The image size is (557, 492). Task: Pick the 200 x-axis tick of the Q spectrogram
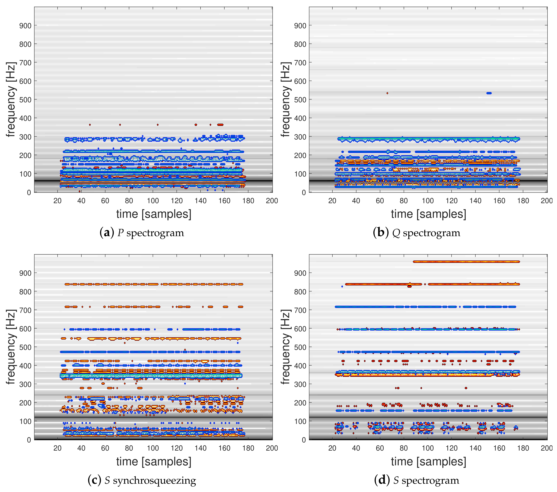(546, 201)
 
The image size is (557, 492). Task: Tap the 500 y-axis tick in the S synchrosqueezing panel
(25, 347)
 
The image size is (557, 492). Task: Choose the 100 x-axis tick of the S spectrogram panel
(428, 448)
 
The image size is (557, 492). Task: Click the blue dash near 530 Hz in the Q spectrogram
(489, 93)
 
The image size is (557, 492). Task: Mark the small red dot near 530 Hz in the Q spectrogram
(387, 93)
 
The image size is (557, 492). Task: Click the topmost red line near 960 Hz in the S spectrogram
(466, 262)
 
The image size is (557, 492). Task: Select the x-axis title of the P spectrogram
(154, 214)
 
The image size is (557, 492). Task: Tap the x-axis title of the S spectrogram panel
(428, 462)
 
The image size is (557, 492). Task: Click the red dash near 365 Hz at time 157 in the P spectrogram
(220, 125)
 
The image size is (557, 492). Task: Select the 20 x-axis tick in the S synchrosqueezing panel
(58, 448)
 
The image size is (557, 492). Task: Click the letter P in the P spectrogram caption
(120, 233)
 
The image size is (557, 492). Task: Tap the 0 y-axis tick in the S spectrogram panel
(304, 440)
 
